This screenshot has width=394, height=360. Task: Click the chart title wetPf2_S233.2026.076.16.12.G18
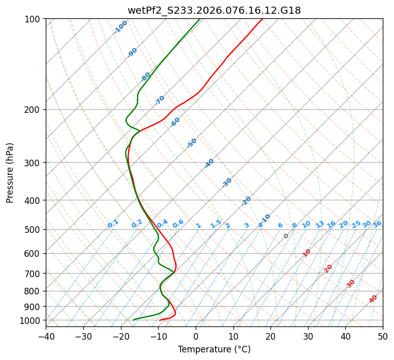(x=214, y=10)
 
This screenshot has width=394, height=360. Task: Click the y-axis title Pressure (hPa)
(x=10, y=172)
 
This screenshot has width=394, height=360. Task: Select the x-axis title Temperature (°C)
(x=214, y=349)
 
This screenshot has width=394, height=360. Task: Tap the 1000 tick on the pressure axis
(x=31, y=320)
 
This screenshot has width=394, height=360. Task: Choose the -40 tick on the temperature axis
(x=46, y=337)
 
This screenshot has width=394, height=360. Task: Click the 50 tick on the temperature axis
(x=383, y=337)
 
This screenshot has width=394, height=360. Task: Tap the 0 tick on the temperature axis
(x=196, y=337)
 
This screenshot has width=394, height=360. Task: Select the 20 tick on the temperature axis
(x=270, y=337)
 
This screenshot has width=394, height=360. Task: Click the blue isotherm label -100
(x=120, y=27)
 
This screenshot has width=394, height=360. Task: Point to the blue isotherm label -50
(x=192, y=143)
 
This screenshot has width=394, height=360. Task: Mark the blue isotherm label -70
(x=160, y=100)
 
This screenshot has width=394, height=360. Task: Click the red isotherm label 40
(x=373, y=299)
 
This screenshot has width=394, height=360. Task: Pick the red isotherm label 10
(x=307, y=253)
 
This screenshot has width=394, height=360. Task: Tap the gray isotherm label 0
(x=286, y=236)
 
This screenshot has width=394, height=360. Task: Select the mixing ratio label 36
(x=377, y=224)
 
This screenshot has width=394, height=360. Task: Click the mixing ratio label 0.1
(x=113, y=224)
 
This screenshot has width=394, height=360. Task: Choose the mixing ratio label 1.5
(x=216, y=224)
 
